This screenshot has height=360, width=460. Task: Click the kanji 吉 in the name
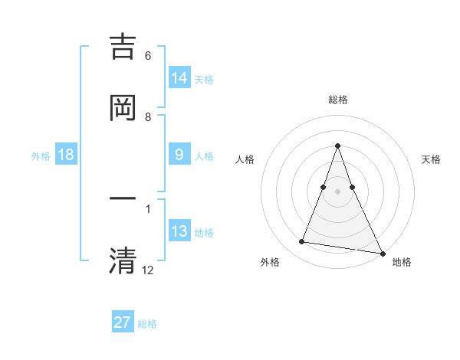(123, 47)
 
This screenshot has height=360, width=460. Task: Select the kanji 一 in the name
(123, 199)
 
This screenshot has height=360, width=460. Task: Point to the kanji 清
(123, 260)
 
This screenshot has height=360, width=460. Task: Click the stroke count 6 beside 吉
(148, 56)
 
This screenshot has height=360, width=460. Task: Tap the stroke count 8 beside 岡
(148, 117)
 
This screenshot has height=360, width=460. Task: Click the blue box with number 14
(179, 78)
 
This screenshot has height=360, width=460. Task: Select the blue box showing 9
(179, 155)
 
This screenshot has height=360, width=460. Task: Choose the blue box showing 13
(179, 231)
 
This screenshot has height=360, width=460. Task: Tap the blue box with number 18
(66, 155)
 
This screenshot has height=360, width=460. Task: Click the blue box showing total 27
(123, 322)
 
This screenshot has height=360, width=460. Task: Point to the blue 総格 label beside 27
(147, 324)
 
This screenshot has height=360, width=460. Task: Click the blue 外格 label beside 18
(41, 156)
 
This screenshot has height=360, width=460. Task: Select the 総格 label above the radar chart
(338, 100)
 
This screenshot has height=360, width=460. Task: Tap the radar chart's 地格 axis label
(402, 263)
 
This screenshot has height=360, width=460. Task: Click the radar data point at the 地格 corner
(382, 253)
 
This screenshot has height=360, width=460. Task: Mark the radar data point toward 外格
(302, 242)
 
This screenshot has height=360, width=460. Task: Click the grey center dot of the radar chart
(337, 191)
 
